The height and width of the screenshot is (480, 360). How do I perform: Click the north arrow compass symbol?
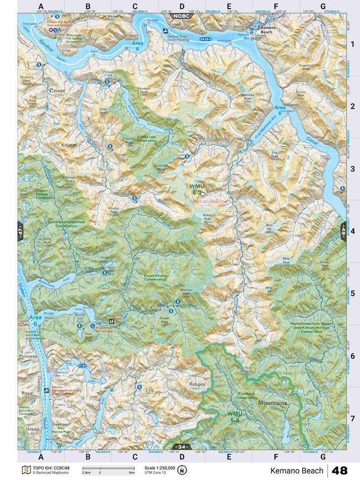(182, 470)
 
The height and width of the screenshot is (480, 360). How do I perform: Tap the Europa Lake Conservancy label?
(144, 139)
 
